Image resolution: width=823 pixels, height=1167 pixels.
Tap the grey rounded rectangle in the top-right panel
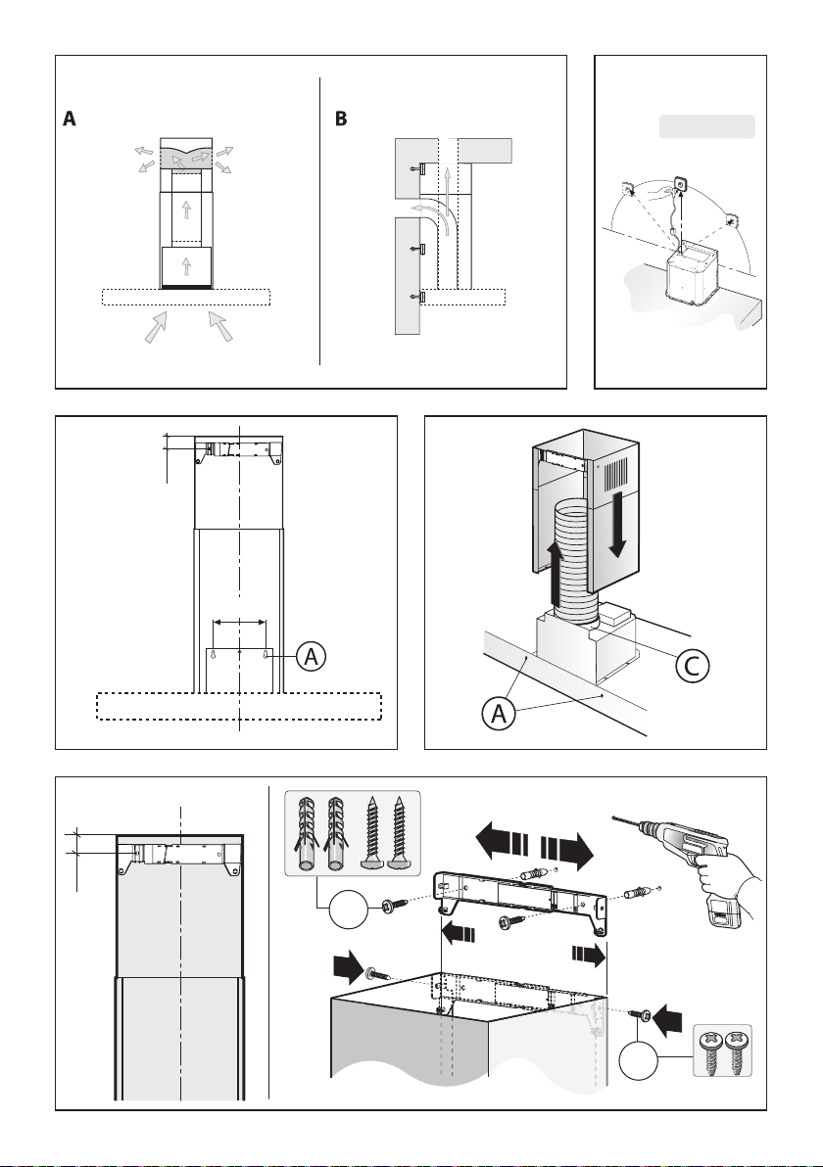706,126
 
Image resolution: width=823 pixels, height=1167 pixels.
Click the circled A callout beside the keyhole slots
310,656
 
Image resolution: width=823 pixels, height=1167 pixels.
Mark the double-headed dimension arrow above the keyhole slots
240,621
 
